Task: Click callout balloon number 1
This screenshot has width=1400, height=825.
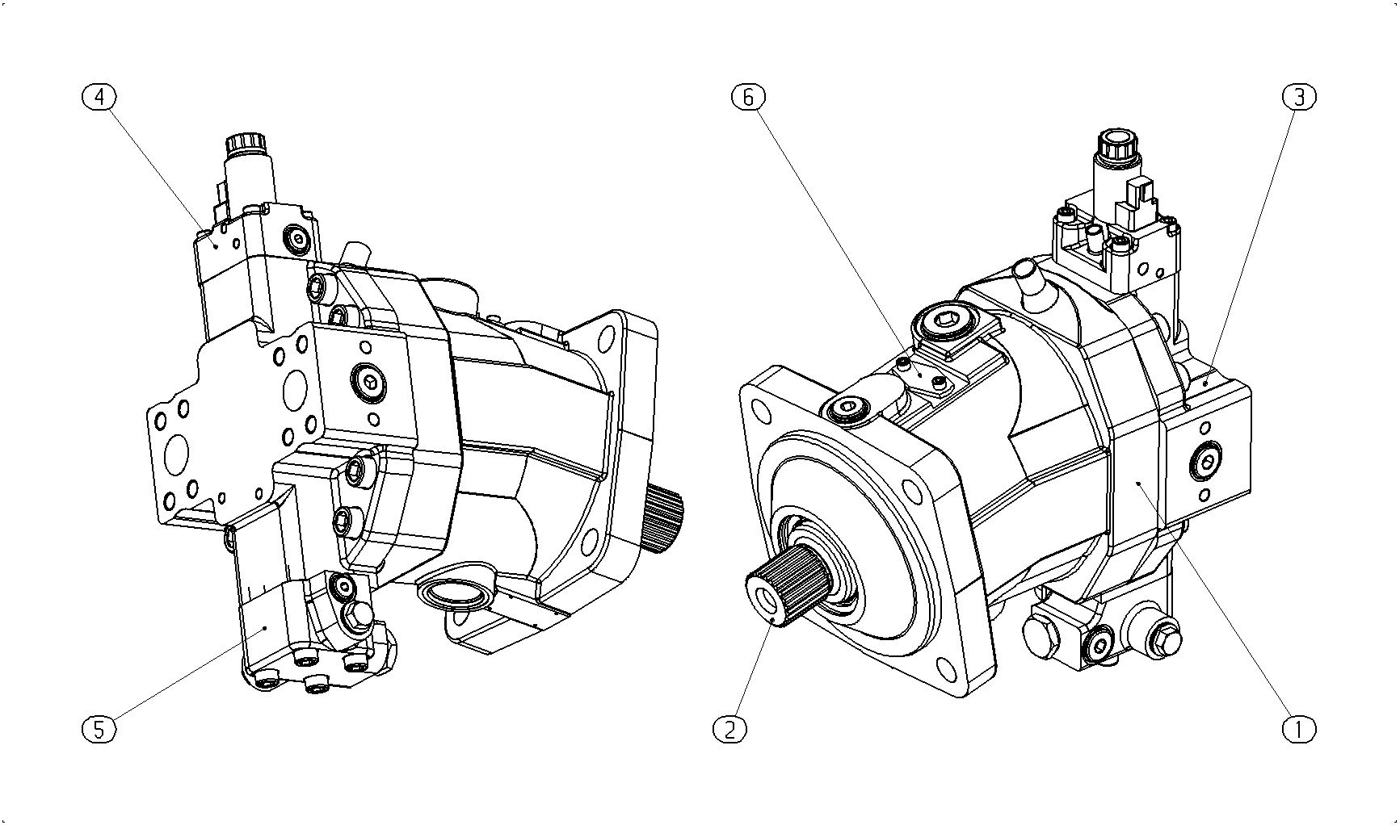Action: click(1299, 729)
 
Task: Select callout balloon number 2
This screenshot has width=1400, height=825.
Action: click(730, 729)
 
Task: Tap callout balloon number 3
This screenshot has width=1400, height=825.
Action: click(1299, 97)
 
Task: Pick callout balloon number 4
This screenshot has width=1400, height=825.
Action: click(99, 97)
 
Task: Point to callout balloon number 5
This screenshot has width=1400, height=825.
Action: click(99, 729)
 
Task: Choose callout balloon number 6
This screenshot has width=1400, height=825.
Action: click(748, 97)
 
